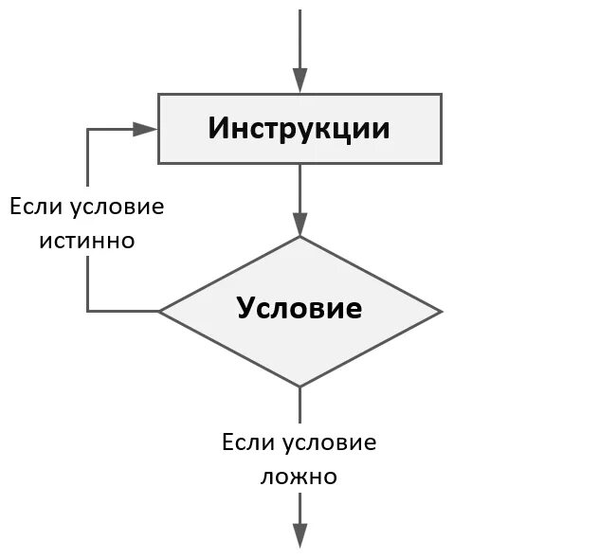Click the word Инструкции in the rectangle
(x=299, y=128)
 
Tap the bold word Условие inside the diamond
(x=299, y=308)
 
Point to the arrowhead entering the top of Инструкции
(x=299, y=82)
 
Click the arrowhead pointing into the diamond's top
(x=299, y=225)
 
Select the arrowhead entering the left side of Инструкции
(x=146, y=129)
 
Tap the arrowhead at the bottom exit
(x=299, y=535)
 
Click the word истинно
(x=86, y=241)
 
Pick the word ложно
(x=299, y=477)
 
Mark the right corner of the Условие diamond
(x=441, y=311)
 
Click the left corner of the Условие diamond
(x=159, y=311)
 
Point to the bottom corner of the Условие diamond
(x=299, y=387)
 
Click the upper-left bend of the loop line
(x=88, y=129)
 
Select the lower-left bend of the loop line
(x=88, y=311)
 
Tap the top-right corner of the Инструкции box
(x=441, y=94)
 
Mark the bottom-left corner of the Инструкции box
(x=158, y=163)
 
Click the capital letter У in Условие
(x=245, y=309)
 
